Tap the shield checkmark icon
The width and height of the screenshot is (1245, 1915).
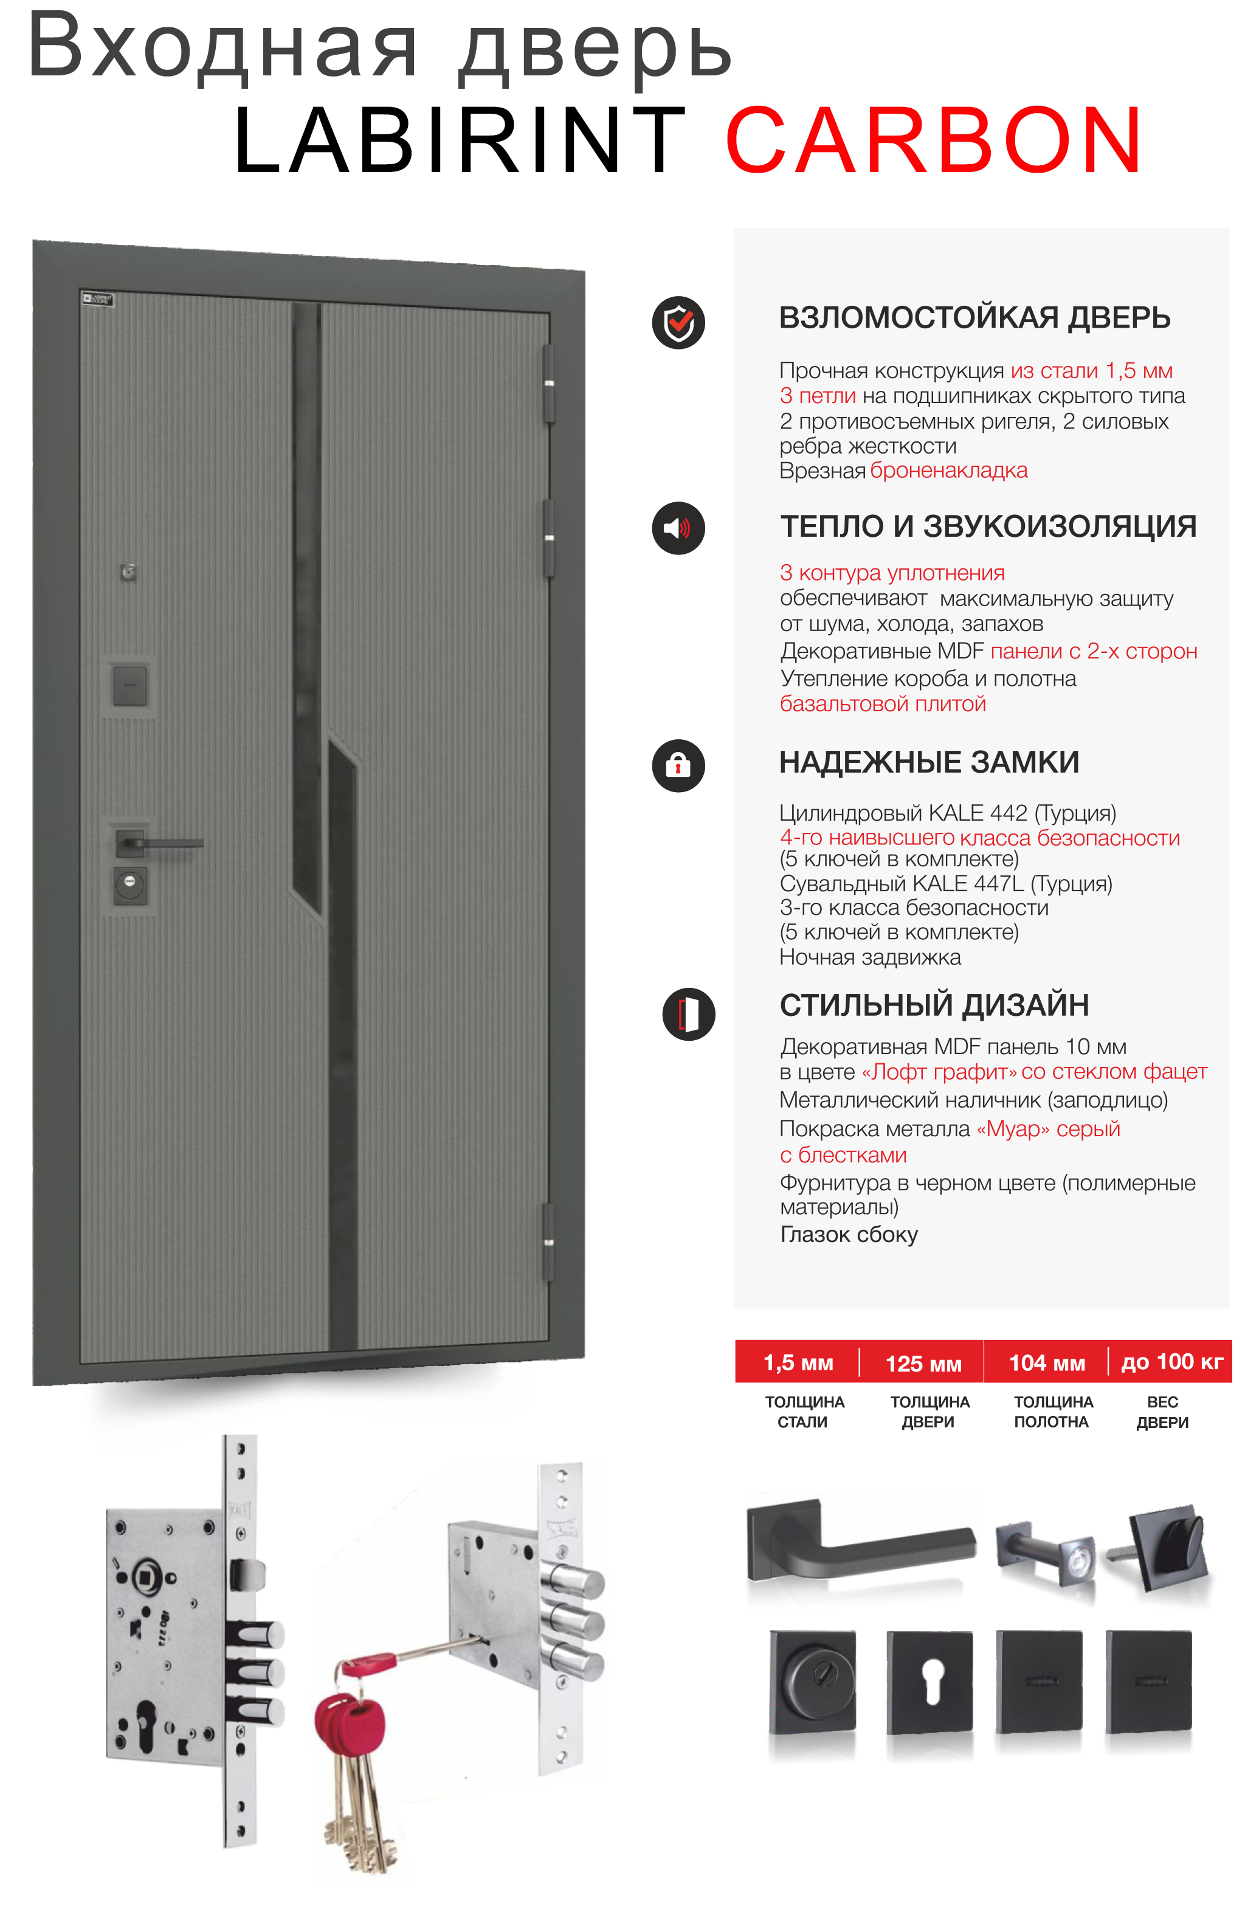coord(678,323)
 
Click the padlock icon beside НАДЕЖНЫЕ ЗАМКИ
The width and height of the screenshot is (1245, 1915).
coord(678,765)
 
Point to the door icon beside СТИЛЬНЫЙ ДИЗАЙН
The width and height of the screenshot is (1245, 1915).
coord(688,1014)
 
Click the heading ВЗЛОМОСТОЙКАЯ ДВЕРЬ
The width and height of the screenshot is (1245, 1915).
coord(974,318)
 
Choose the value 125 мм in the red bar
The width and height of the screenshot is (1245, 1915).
coord(923,1364)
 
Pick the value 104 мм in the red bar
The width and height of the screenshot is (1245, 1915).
coord(1047,1363)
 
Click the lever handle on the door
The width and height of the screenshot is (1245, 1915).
coord(161,843)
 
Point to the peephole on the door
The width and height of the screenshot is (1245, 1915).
coord(128,572)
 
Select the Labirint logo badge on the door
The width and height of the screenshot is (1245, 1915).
coord(97,299)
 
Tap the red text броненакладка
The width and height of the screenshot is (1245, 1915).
coord(949,471)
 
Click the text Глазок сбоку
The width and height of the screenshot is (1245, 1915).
coord(848,1234)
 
